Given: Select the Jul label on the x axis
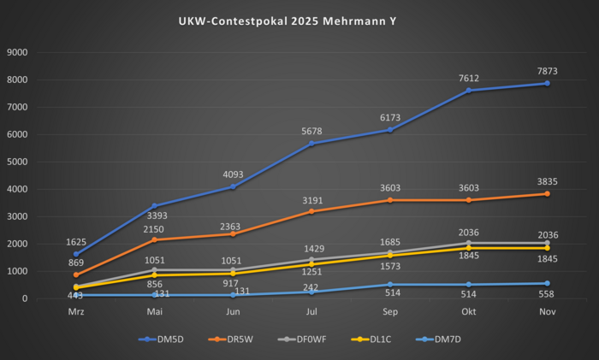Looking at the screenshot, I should pos(311,313).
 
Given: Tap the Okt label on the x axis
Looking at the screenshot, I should pos(468,313).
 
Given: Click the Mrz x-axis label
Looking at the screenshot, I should pos(76,313).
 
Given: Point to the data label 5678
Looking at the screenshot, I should pos(311,130).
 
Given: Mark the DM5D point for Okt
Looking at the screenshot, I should pos(468,91).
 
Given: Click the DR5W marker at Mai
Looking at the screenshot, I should pos(155,239).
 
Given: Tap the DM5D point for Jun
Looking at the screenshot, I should pos(233,186).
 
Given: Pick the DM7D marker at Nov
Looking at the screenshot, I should pos(546,283).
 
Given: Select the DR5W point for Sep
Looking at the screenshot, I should pos(389,200).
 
